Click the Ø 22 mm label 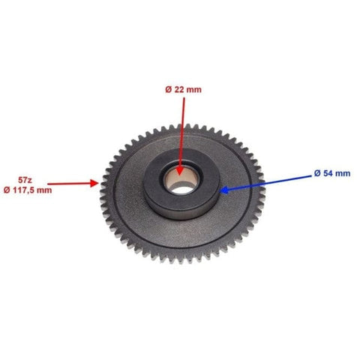pos(183,89)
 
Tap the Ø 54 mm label pos(332,173)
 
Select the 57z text pos(25,180)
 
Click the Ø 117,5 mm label pos(28,190)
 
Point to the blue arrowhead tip pos(220,190)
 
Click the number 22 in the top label pos(179,89)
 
